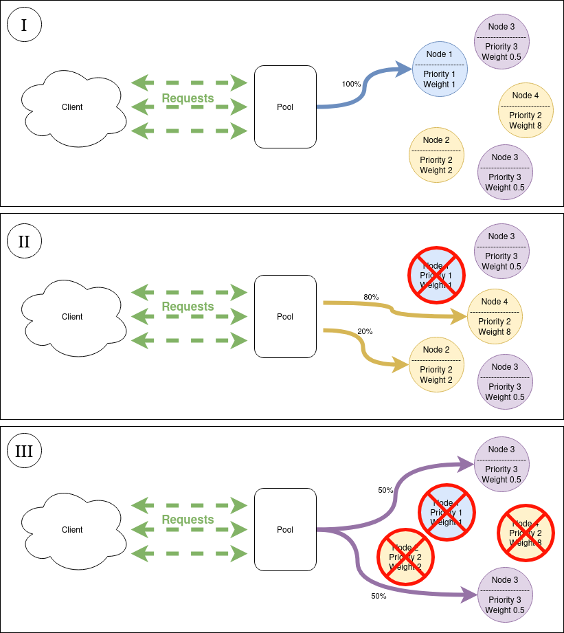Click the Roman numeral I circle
pos(24,25)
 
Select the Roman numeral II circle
pos(24,241)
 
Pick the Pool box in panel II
pos(285,317)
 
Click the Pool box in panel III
pos(285,530)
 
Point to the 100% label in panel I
pos(351,84)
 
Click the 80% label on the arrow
pos(371,297)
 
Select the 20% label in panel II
pos(365,331)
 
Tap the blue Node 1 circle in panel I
pos(440,69)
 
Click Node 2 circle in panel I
pos(436,155)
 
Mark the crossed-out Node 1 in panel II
pos(437,275)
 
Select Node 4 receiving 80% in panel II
pos(495,317)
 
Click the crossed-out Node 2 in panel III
pos(405,557)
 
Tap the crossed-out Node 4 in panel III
pos(526,533)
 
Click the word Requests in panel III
pos(188,520)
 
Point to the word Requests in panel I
pos(188,98)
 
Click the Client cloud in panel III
pos(73,530)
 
